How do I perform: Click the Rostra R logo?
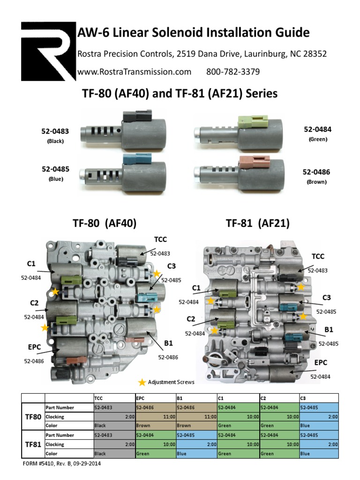click(x=48, y=52)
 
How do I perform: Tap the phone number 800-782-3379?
click(x=233, y=72)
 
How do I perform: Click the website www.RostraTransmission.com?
click(x=134, y=72)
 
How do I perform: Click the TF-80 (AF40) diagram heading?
click(x=105, y=224)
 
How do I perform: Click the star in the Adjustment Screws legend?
click(x=142, y=382)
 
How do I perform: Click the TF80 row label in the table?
click(x=32, y=416)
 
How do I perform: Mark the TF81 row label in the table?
click(x=32, y=444)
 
